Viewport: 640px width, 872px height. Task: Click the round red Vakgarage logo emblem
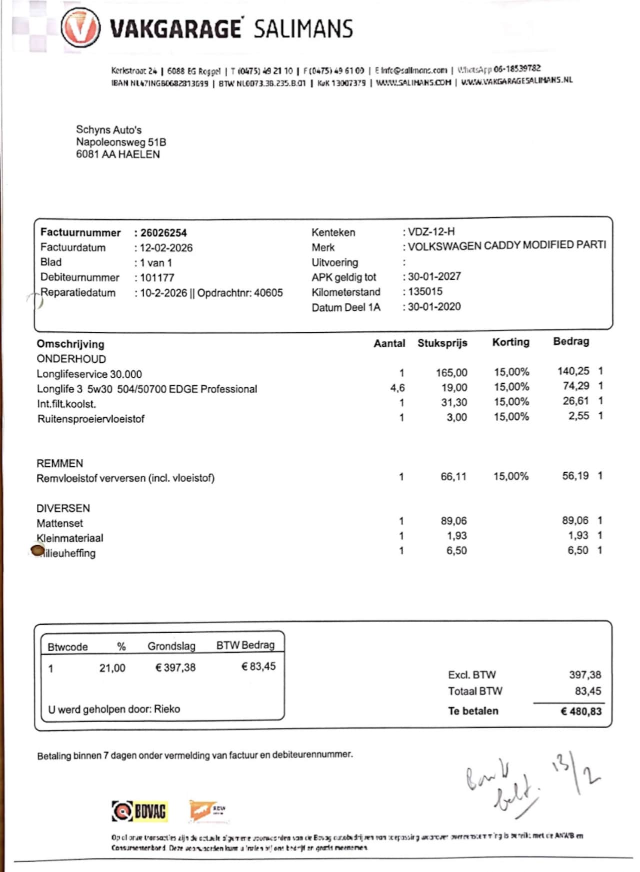80,28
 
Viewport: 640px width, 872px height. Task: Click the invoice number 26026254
163,233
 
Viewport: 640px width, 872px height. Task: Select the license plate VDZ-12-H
431,231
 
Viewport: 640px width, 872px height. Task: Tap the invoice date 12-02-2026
166,248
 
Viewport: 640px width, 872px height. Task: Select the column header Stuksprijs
442,343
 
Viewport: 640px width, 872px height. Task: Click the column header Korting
510,342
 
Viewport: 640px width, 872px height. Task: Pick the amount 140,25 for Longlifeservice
573,371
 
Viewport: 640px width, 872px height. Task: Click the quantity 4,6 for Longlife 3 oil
397,388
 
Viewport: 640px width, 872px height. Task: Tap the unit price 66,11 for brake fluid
453,477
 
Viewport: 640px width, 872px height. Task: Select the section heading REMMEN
59,463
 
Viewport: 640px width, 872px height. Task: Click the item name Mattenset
59,523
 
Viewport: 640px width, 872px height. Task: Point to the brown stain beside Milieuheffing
37,551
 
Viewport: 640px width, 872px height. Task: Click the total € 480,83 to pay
580,711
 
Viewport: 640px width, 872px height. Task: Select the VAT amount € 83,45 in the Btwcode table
258,667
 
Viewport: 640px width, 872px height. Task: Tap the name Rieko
167,709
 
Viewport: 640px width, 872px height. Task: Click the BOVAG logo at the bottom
139,811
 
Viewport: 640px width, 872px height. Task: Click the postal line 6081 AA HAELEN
118,154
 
